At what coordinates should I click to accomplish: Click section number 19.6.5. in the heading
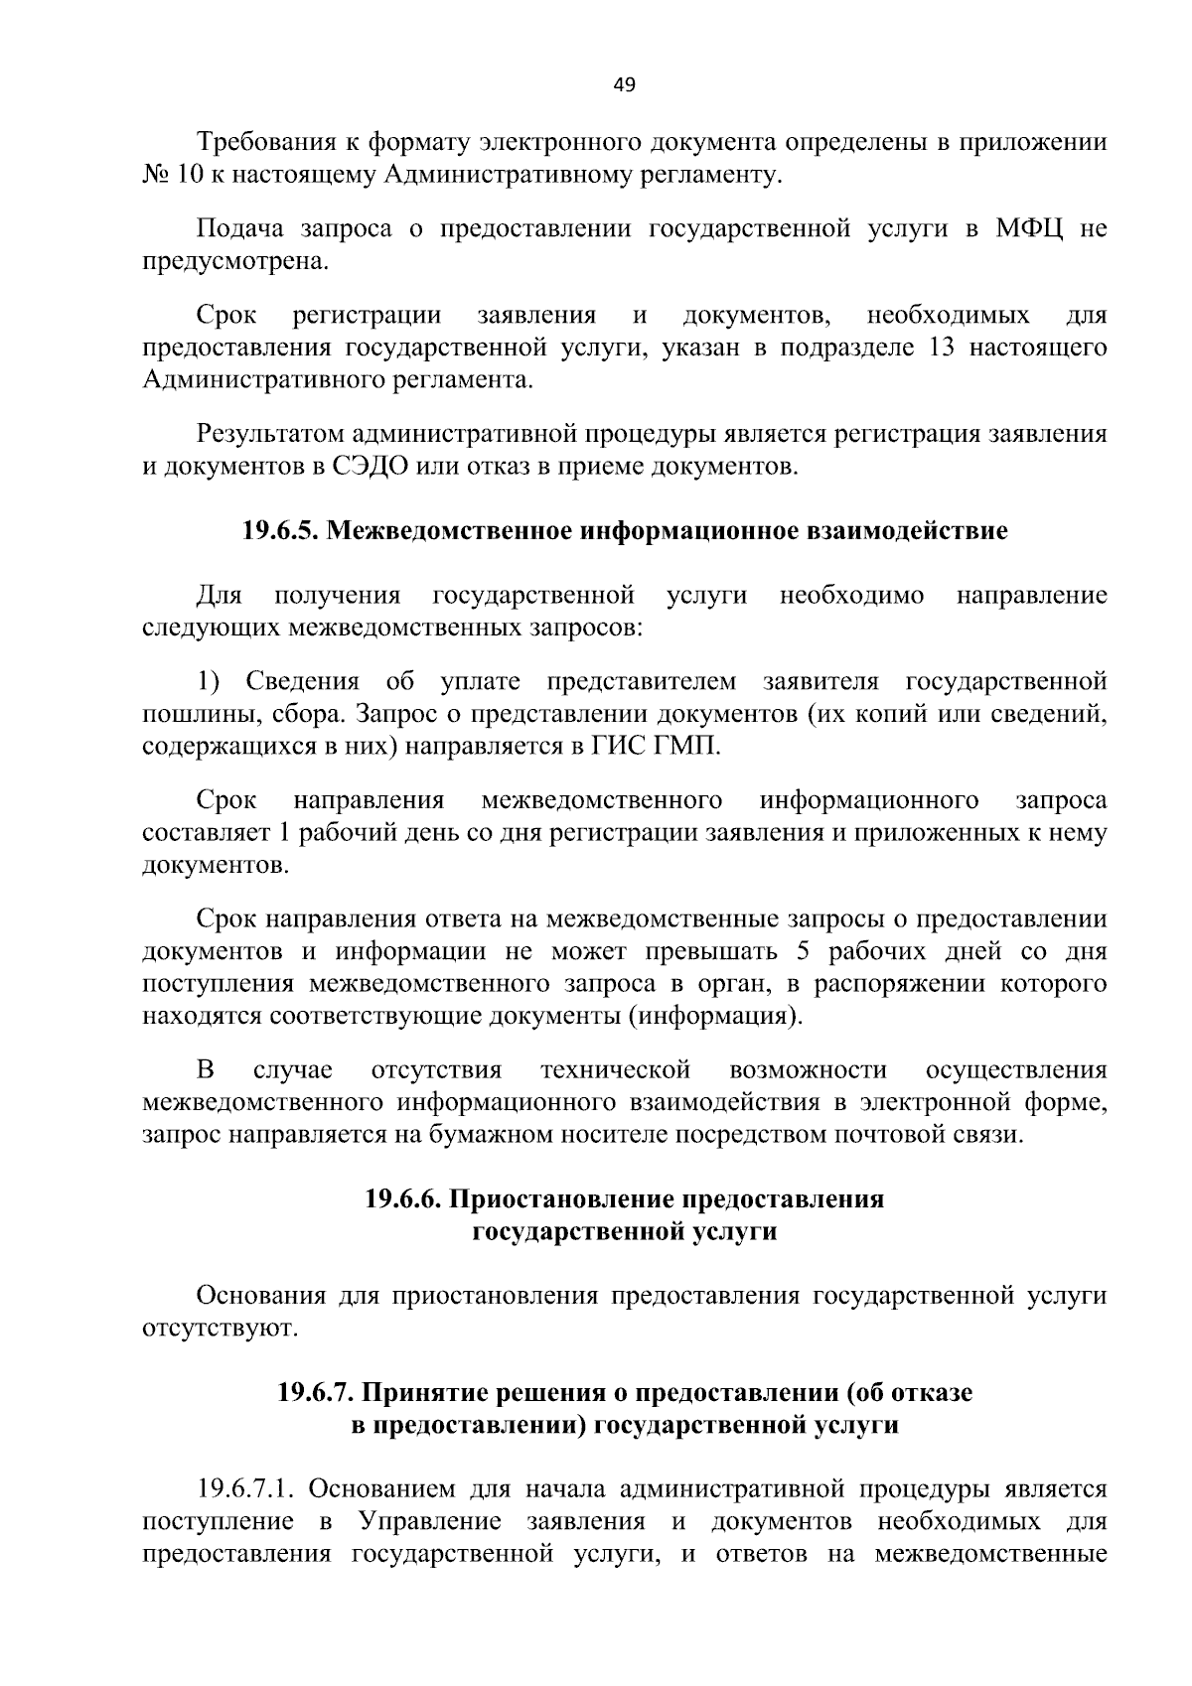(x=280, y=531)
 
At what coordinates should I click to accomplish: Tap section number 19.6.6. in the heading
(x=404, y=1199)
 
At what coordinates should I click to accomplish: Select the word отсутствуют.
(x=220, y=1329)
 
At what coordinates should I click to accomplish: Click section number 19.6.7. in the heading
(x=316, y=1393)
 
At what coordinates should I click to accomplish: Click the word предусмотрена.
(x=232, y=262)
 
